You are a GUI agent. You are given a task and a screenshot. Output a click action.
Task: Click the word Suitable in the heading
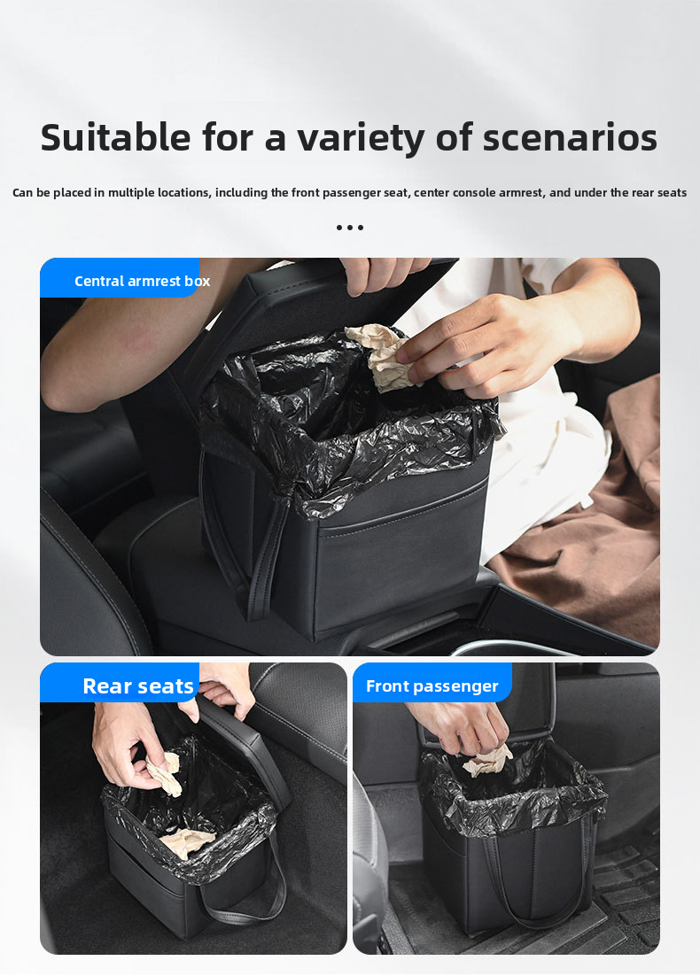click(116, 137)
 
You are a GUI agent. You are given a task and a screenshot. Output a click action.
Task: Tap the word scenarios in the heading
click(570, 137)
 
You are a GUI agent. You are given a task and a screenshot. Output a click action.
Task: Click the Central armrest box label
click(142, 281)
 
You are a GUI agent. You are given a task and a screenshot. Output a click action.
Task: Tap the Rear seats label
click(138, 686)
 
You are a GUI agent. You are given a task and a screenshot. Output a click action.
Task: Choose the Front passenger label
click(432, 686)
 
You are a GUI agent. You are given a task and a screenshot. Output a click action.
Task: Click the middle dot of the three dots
click(350, 228)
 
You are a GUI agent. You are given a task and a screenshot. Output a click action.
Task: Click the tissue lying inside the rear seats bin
click(187, 843)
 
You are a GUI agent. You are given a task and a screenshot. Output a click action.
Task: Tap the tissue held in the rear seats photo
click(166, 774)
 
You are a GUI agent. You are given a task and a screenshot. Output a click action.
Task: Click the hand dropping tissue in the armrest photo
click(492, 339)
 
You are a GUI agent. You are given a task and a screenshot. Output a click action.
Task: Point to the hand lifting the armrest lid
click(381, 274)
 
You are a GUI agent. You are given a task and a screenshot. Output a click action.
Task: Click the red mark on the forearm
click(138, 340)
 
